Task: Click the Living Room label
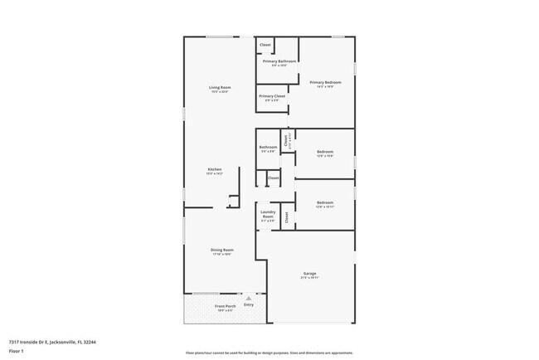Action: point(220,88)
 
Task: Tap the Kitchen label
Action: point(215,170)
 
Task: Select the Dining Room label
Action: point(221,250)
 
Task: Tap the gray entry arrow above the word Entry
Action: point(248,298)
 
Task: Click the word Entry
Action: point(248,305)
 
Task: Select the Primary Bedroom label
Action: point(325,83)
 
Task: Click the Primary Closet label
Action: point(272,96)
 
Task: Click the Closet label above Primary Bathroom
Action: point(265,45)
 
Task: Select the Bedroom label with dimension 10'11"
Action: point(325,203)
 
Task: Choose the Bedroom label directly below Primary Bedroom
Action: point(325,152)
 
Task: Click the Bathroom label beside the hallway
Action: point(268,148)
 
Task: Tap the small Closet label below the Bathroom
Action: point(273,178)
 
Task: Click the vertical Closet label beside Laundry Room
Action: point(287,217)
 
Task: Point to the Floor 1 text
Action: point(17,350)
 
